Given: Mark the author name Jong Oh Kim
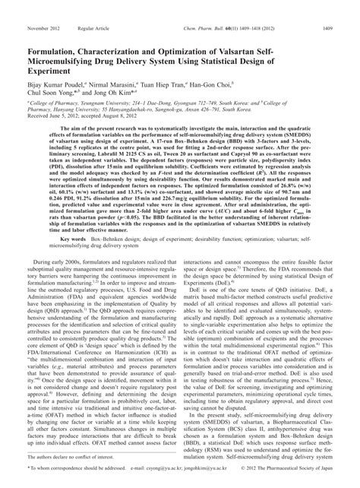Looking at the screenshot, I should tap(114, 74).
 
